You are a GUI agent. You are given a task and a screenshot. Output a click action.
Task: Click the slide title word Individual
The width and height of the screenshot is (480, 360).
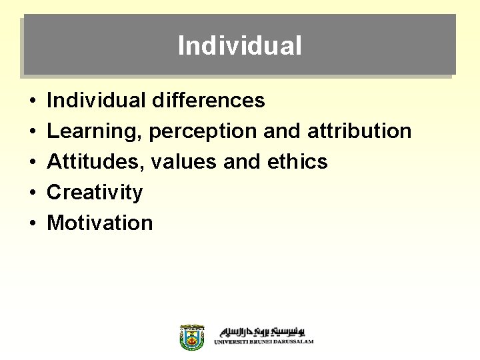239,46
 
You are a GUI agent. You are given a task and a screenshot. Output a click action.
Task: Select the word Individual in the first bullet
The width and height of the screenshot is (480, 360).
96,101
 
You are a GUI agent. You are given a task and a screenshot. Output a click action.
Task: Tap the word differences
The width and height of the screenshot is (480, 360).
208,101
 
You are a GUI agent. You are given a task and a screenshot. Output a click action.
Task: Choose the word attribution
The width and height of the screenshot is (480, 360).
359,131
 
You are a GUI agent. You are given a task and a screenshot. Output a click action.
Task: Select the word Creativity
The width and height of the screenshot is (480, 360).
95,193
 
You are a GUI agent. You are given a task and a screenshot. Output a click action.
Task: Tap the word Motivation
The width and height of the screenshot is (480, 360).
100,223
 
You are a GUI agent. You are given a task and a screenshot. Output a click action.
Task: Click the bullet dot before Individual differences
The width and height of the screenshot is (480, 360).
32,101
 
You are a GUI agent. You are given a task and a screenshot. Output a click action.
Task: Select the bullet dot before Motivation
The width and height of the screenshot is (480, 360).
32,223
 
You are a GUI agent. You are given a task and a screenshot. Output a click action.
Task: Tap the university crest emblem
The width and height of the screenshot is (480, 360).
192,337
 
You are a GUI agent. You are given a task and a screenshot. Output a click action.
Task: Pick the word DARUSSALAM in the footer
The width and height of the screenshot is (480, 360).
293,342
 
